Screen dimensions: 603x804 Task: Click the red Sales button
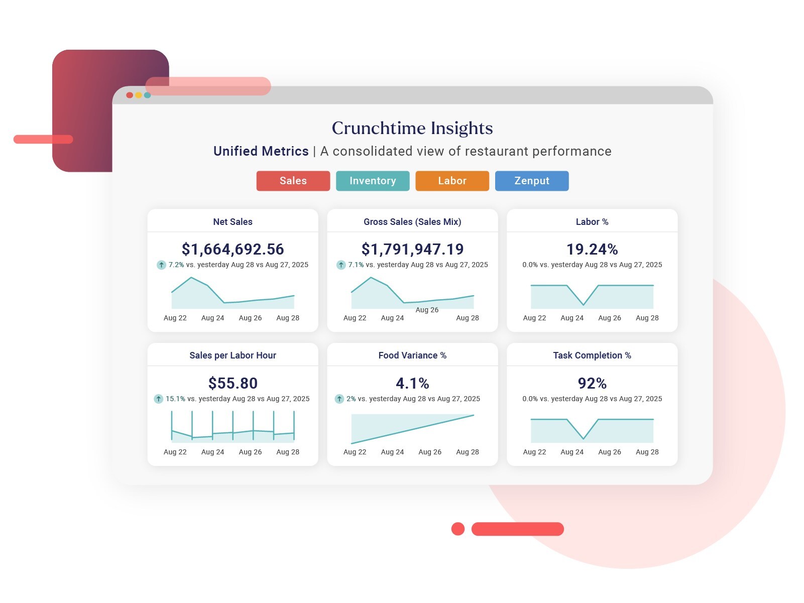(293, 181)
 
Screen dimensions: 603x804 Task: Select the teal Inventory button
(373, 181)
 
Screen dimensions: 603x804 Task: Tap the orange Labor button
(452, 181)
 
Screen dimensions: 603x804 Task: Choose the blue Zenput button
(532, 181)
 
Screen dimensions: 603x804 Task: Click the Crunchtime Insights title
(412, 128)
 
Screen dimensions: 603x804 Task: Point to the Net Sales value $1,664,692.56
(233, 249)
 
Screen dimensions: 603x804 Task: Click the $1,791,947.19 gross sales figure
(412, 249)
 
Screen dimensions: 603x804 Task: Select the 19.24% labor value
(592, 249)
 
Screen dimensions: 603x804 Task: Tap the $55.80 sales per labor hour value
(233, 383)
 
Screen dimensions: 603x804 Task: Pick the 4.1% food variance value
(412, 383)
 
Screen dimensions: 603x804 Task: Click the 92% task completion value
(592, 383)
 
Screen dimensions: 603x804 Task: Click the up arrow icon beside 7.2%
(161, 265)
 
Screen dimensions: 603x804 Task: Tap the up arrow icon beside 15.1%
(158, 399)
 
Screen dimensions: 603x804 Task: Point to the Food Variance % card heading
(412, 355)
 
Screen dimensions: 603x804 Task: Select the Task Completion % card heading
(592, 355)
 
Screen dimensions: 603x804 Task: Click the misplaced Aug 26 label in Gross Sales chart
(427, 310)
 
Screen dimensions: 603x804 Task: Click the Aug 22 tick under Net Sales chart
(175, 318)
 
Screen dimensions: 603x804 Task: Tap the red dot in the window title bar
(130, 95)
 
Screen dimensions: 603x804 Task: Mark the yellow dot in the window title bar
(138, 95)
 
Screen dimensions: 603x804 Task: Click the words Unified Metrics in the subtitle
(261, 151)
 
